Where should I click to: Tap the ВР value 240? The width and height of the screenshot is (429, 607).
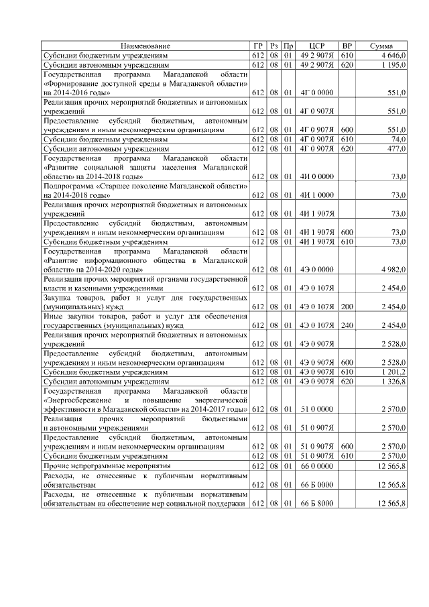347,325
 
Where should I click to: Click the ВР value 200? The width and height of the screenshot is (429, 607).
347,307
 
